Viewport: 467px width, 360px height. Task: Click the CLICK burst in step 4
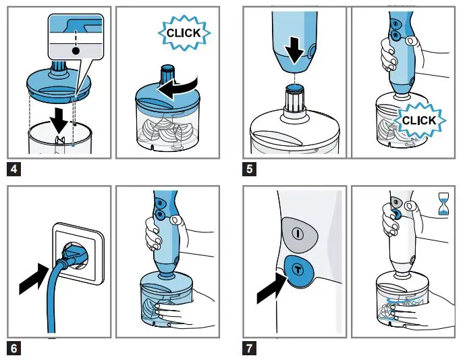pos(184,32)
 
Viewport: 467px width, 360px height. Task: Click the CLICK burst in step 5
pos(418,120)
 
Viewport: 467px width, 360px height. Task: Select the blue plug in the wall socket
pos(74,258)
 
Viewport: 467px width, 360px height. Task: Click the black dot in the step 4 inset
pos(76,51)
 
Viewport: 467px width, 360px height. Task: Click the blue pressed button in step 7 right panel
pos(396,215)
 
